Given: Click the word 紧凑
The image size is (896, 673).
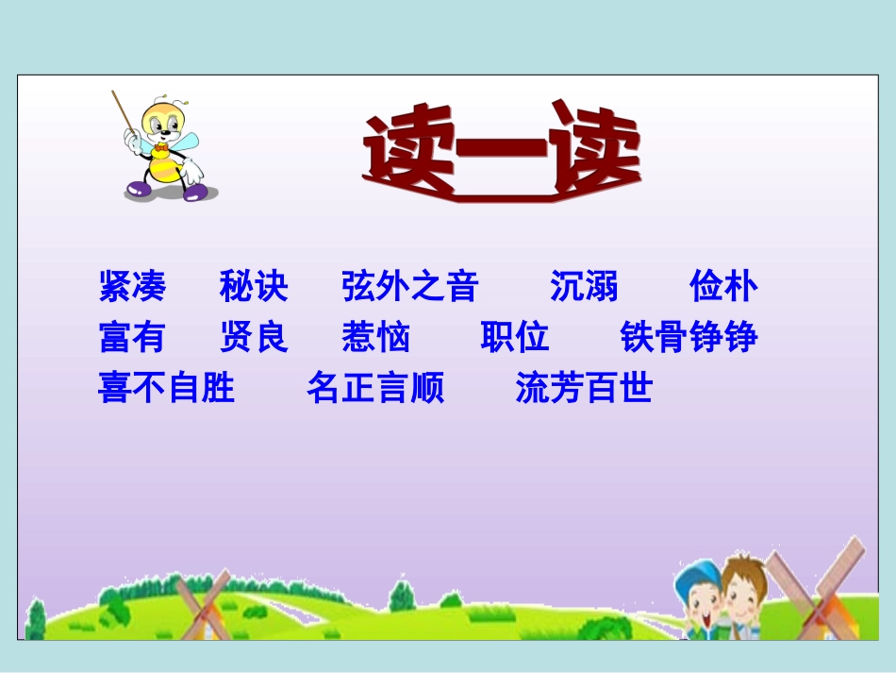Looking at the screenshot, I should (x=132, y=286).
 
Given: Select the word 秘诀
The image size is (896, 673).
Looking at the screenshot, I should (x=254, y=286).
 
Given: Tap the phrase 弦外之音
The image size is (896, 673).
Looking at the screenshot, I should (x=410, y=286).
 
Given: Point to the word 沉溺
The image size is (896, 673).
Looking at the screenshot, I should (x=584, y=286).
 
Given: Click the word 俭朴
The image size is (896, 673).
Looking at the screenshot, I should (x=723, y=286).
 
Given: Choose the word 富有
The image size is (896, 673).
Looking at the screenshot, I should (x=132, y=337).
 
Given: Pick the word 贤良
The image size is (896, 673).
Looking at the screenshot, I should (x=254, y=337).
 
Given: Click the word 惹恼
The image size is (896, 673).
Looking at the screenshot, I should (x=376, y=337).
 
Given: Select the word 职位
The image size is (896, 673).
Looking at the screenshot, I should (x=515, y=337).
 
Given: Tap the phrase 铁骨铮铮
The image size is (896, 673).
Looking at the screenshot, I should (x=689, y=337).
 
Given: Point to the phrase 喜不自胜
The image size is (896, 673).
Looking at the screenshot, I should (x=167, y=388).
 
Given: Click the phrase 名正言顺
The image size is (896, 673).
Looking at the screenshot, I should (x=375, y=388).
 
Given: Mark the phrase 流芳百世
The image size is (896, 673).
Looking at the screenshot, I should (x=584, y=388).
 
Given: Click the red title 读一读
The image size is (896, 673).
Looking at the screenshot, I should (x=502, y=156).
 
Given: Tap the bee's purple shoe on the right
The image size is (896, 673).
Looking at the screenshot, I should (x=196, y=192).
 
